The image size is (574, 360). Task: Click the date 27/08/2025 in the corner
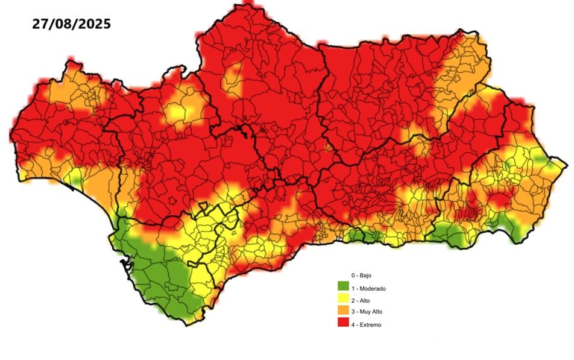tap(71, 24)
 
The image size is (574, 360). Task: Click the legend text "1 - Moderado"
tap(368, 288)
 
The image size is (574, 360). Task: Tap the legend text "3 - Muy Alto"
tap(367, 312)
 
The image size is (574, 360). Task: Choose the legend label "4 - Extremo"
tap(366, 324)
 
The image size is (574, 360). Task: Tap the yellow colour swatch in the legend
tap(343, 298)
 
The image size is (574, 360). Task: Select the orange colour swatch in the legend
tap(343, 311)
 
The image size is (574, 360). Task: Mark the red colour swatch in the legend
tap(343, 323)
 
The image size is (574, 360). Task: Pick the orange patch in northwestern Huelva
tap(66, 90)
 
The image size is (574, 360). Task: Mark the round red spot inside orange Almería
tap(499, 198)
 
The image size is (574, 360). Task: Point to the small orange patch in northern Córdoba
tap(233, 78)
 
